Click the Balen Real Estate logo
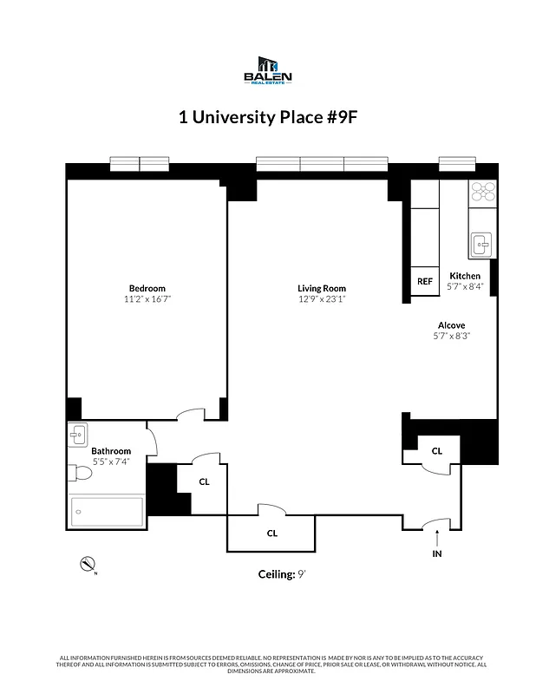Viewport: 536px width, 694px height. (x=268, y=70)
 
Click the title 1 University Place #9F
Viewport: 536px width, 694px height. (x=268, y=118)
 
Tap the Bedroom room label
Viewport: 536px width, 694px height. (x=147, y=288)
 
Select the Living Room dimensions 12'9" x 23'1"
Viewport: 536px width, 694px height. (x=322, y=299)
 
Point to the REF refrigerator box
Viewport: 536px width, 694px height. (x=424, y=281)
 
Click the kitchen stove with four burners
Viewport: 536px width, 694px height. (x=482, y=193)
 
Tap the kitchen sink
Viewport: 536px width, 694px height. (x=481, y=246)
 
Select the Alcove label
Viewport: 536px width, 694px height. (x=451, y=324)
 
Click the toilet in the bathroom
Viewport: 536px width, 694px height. (x=78, y=474)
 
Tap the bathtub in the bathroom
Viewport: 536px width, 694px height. (x=107, y=512)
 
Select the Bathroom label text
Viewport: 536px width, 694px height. (x=111, y=451)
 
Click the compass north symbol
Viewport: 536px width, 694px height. (x=87, y=564)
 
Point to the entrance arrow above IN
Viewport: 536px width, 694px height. (x=437, y=537)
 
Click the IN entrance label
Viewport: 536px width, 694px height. (x=437, y=553)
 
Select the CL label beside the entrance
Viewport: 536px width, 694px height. (x=437, y=450)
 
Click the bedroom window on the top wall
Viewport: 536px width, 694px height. (x=140, y=164)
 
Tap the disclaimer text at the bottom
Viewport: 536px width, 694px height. (x=268, y=664)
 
